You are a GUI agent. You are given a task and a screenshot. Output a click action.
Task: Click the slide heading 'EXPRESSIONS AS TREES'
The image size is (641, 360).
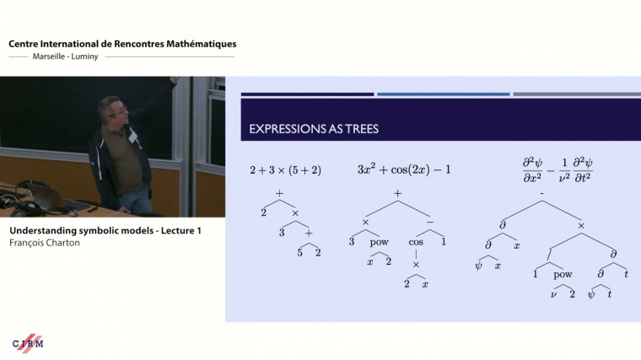pyautogui.click(x=314, y=129)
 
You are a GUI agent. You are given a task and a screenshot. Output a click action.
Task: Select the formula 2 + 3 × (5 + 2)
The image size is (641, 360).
pyautogui.click(x=285, y=169)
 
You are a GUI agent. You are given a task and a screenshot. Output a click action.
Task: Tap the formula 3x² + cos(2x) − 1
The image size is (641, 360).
pyautogui.click(x=404, y=169)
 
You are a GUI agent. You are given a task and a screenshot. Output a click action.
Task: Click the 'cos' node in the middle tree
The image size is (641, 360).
pyautogui.click(x=415, y=241)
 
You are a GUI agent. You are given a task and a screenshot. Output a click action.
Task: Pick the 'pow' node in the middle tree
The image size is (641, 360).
pyautogui.click(x=379, y=241)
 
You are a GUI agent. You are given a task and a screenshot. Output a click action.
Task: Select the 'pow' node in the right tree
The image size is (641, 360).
pyautogui.click(x=563, y=274)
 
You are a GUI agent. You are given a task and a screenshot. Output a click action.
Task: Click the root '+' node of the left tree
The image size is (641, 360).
pyautogui.click(x=279, y=193)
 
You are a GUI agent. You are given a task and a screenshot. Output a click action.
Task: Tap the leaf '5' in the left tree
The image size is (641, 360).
pyautogui.click(x=299, y=252)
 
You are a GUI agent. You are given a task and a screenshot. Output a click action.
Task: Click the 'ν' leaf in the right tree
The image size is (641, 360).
pyautogui.click(x=553, y=293)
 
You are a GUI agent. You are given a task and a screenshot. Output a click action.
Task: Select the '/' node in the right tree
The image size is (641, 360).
pyautogui.click(x=550, y=250)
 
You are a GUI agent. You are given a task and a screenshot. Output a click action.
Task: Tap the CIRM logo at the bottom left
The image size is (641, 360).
pyautogui.click(x=28, y=343)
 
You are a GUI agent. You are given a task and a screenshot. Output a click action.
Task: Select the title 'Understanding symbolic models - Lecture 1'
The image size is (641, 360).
pyautogui.click(x=105, y=229)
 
